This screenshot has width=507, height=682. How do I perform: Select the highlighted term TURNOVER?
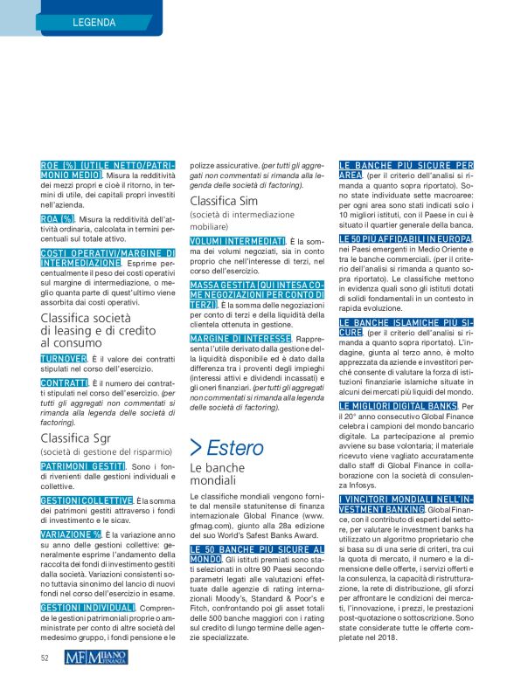[64, 359]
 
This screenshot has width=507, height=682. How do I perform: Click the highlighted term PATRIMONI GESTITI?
[83, 467]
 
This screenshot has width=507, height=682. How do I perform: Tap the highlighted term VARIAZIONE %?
[71, 534]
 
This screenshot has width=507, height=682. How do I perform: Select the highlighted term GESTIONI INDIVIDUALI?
[86, 606]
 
